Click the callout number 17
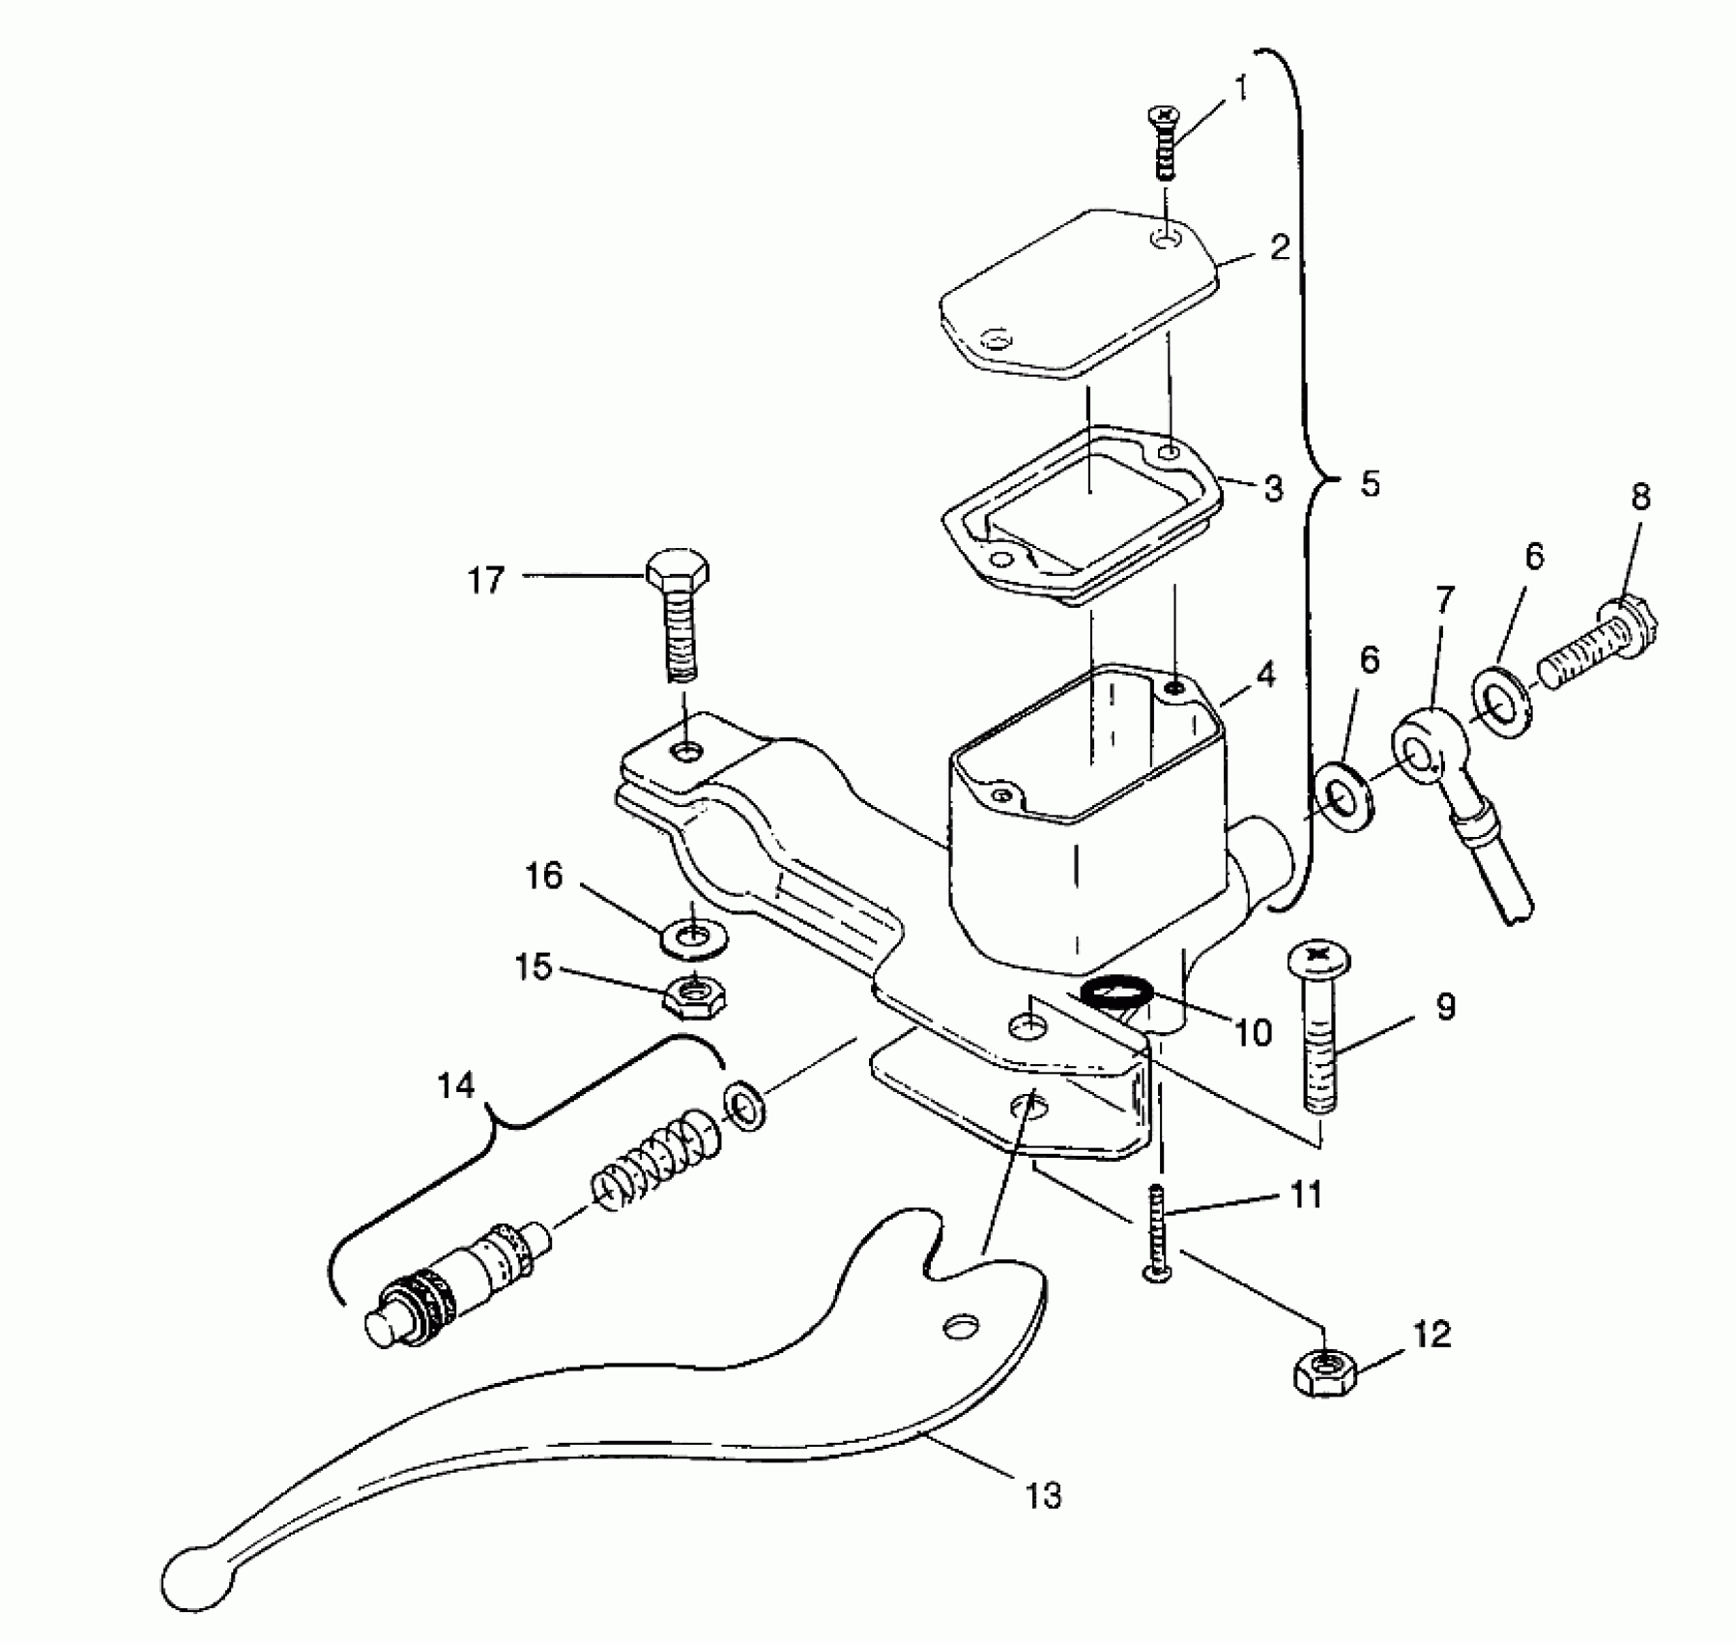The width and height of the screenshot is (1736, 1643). [x=486, y=581]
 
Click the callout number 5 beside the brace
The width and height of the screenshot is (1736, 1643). [x=1371, y=483]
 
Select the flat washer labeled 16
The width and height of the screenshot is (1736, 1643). [x=695, y=937]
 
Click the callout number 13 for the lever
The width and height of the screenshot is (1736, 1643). [x=1044, y=1496]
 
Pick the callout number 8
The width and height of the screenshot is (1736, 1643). [x=1640, y=497]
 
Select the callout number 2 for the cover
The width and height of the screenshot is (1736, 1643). [x=1279, y=247]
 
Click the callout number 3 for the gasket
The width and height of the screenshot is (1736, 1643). [x=1274, y=488]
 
